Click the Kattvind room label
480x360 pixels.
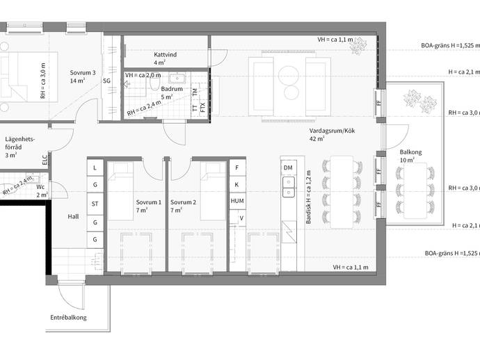click(166, 55)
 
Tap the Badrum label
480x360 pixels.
click(172, 89)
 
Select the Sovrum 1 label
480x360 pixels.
click(148, 202)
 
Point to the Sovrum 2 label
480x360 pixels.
click(183, 202)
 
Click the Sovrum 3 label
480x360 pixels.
click(83, 73)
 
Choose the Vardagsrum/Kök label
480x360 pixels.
click(332, 131)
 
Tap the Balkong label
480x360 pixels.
click(411, 152)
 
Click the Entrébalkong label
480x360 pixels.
click(68, 318)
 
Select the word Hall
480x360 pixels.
click(73, 217)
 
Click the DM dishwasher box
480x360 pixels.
click(288, 167)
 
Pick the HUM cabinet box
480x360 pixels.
click(237, 201)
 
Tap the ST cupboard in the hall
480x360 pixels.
click(95, 204)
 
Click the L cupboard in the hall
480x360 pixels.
click(95, 167)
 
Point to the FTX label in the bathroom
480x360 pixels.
click(202, 107)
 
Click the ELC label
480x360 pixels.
click(45, 160)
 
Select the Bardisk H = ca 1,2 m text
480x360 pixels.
click(309, 197)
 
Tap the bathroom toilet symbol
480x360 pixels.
click(155, 82)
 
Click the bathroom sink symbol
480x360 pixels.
click(177, 79)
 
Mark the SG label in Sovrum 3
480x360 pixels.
click(106, 81)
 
